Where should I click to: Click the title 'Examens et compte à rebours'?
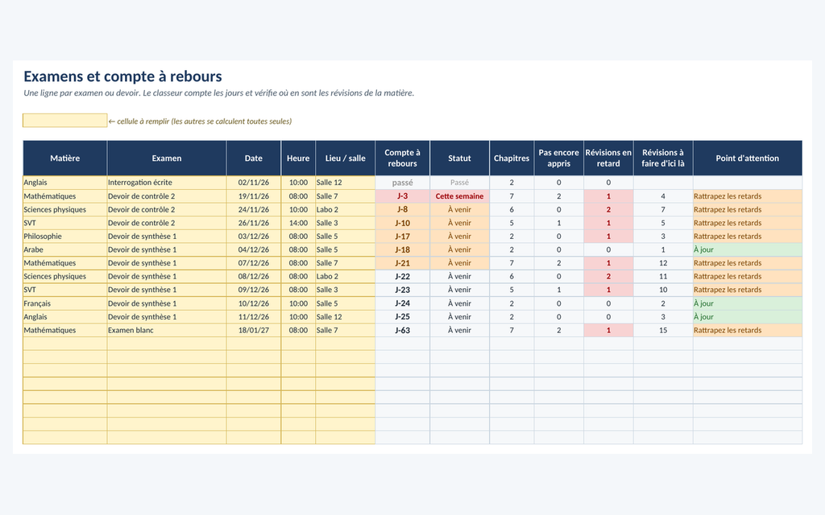click(122, 76)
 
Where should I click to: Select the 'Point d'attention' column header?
click(747, 159)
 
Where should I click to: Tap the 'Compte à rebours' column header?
click(403, 159)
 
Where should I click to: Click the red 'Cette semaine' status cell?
click(459, 196)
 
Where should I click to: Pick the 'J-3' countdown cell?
click(403, 196)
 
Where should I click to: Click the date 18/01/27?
click(254, 330)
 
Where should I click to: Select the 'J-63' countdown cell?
click(403, 330)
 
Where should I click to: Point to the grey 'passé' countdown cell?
click(403, 183)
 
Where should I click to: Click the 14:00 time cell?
click(298, 223)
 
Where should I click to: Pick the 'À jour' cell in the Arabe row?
click(747, 249)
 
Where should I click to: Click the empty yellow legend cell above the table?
click(65, 121)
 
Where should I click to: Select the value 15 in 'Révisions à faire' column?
click(663, 330)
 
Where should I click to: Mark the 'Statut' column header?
click(459, 159)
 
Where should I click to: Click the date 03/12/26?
click(254, 237)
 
